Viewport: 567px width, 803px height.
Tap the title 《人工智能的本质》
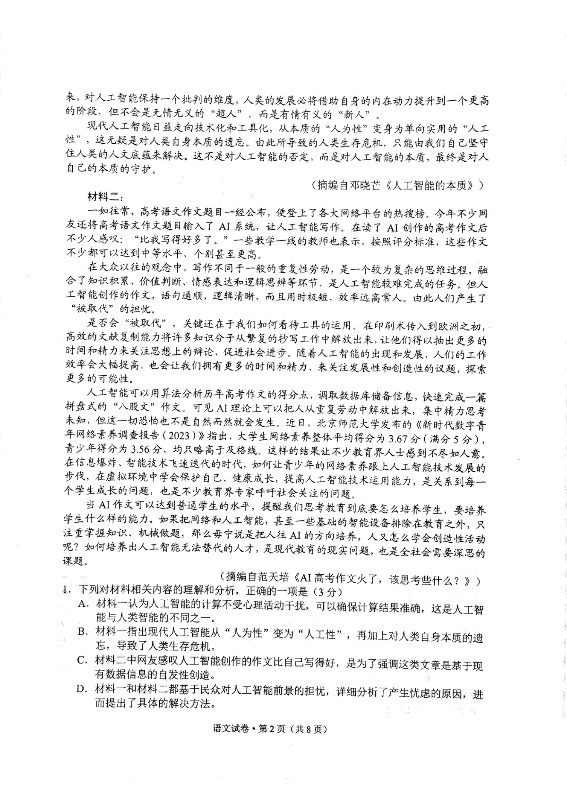tap(430, 185)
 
